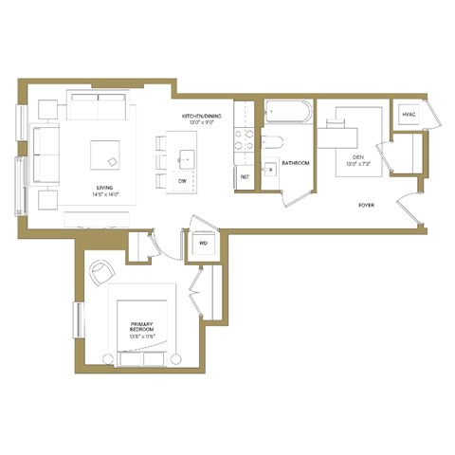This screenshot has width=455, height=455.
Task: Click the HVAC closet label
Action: click(409, 115)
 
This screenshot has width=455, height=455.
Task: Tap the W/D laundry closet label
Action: click(203, 243)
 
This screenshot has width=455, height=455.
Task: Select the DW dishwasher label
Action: click(182, 179)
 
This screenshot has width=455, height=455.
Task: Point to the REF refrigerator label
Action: click(245, 177)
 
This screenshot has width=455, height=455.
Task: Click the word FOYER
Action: click(365, 205)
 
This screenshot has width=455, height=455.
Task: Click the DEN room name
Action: click(357, 155)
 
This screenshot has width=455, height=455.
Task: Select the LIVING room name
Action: click(106, 187)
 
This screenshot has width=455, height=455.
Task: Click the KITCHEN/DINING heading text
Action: click(204, 117)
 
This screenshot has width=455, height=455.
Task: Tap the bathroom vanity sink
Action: click(269, 171)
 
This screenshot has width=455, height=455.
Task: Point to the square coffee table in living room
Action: click(106, 155)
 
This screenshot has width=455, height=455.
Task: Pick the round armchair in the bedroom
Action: click(102, 272)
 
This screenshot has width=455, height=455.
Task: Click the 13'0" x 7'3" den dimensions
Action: click(357, 164)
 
